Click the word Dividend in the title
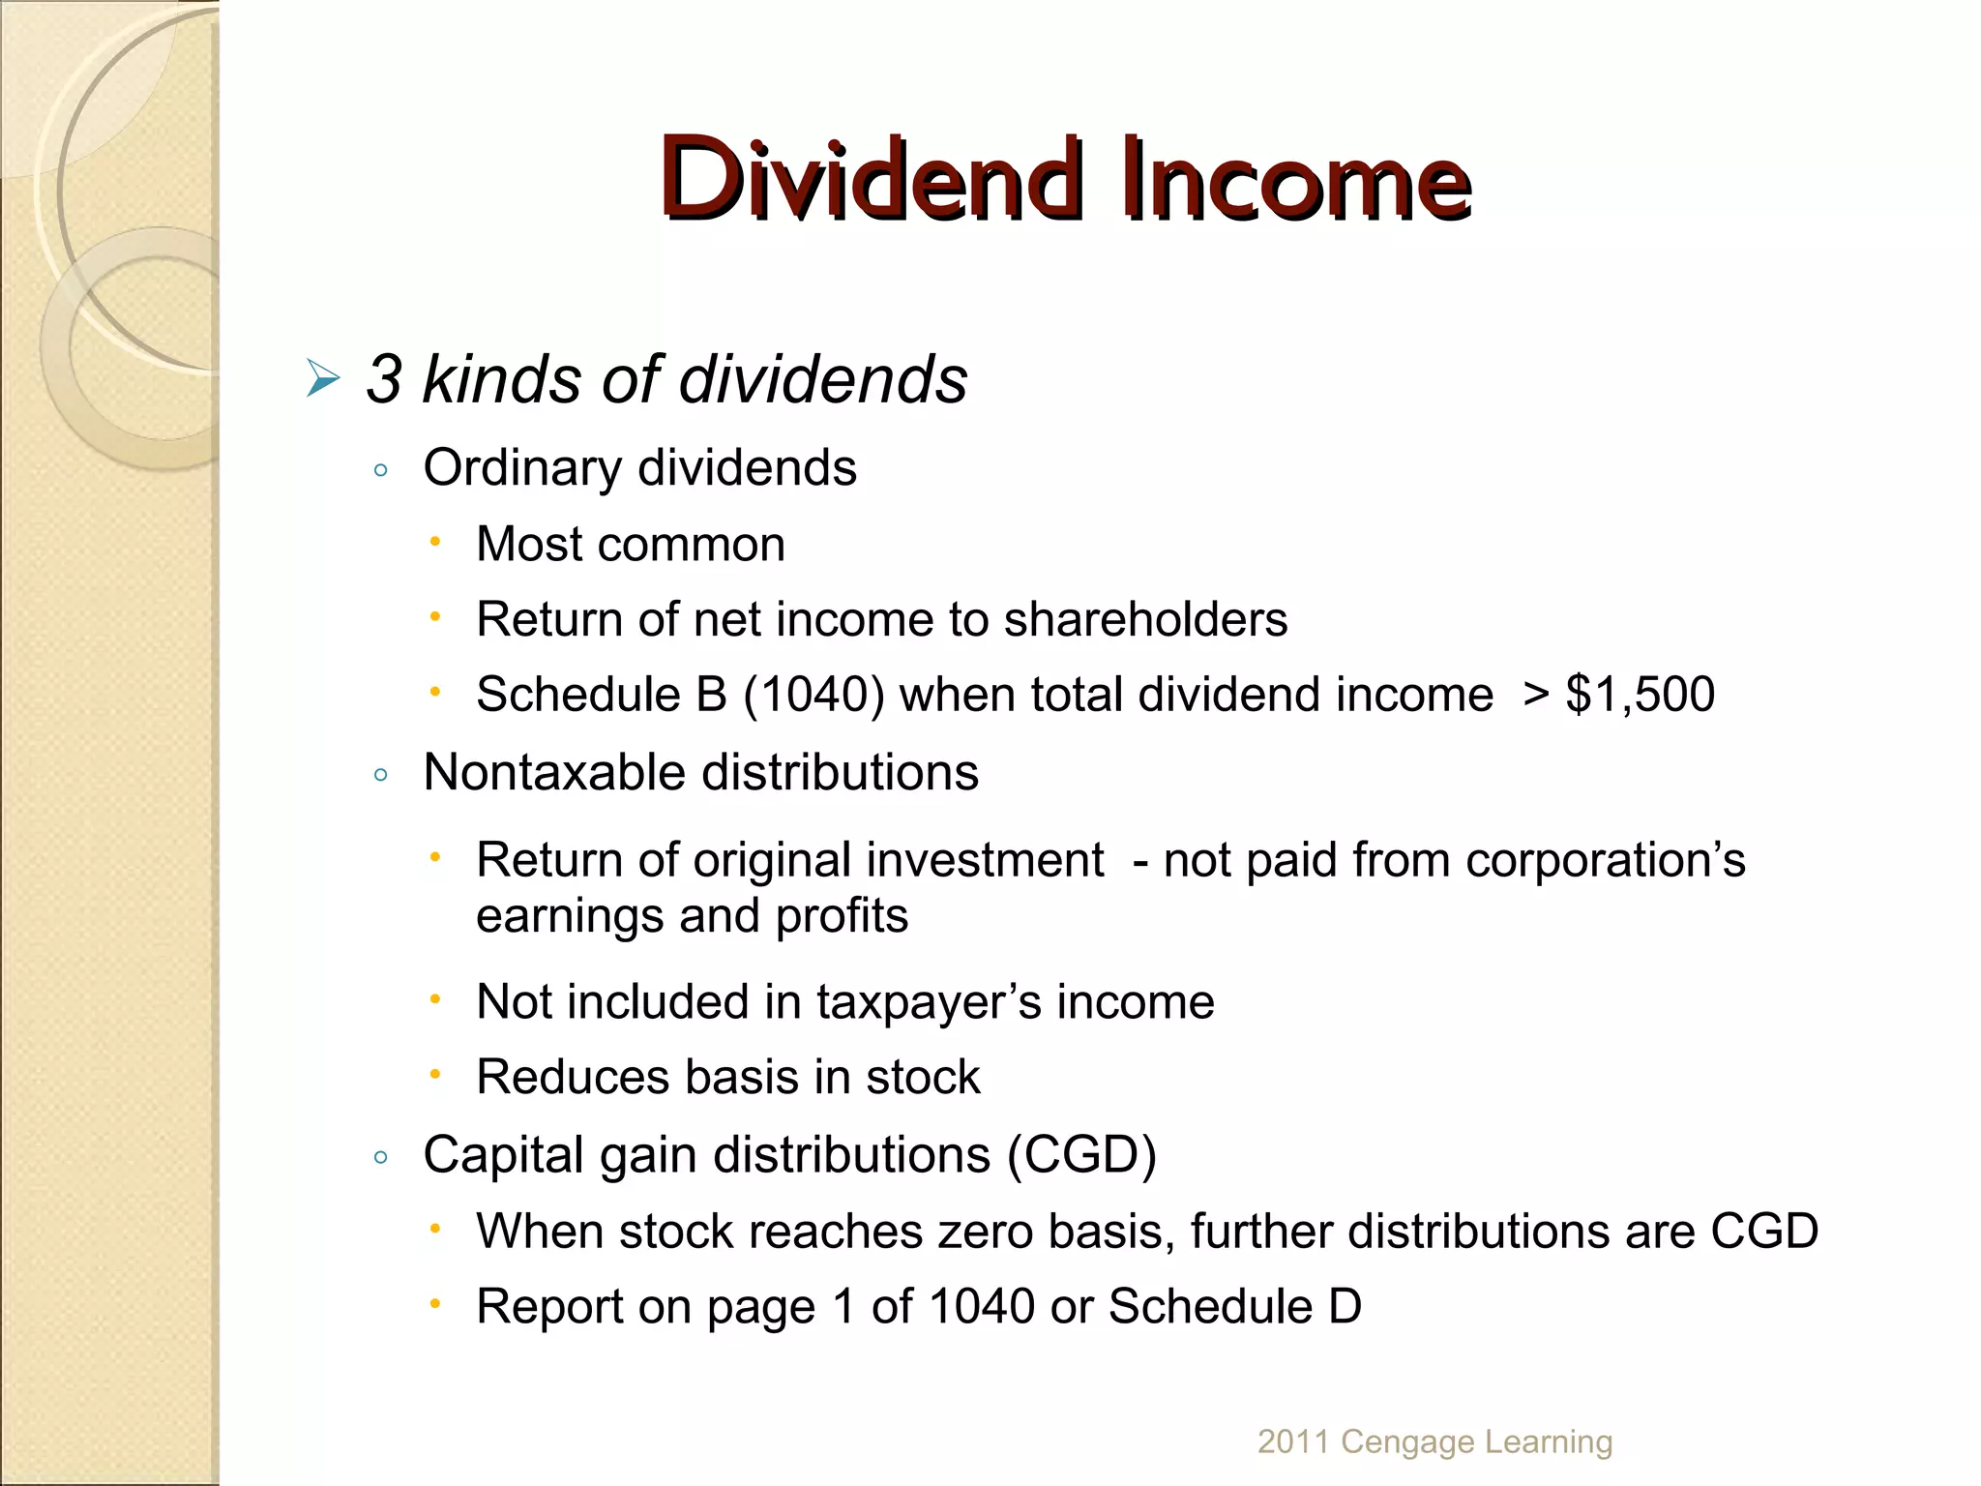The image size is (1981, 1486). (x=868, y=180)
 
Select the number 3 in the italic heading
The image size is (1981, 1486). (x=384, y=378)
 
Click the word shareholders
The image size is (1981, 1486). (x=1145, y=619)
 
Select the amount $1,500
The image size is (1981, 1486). (x=1641, y=695)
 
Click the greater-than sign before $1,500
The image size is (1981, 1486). (x=1535, y=695)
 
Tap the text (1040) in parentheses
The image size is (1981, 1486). (x=813, y=695)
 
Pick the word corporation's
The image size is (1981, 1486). (x=1605, y=860)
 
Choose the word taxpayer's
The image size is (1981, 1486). (x=929, y=1002)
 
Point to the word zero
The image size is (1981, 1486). (x=987, y=1232)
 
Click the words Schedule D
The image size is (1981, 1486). (x=1235, y=1307)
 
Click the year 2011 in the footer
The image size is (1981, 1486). (x=1292, y=1441)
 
